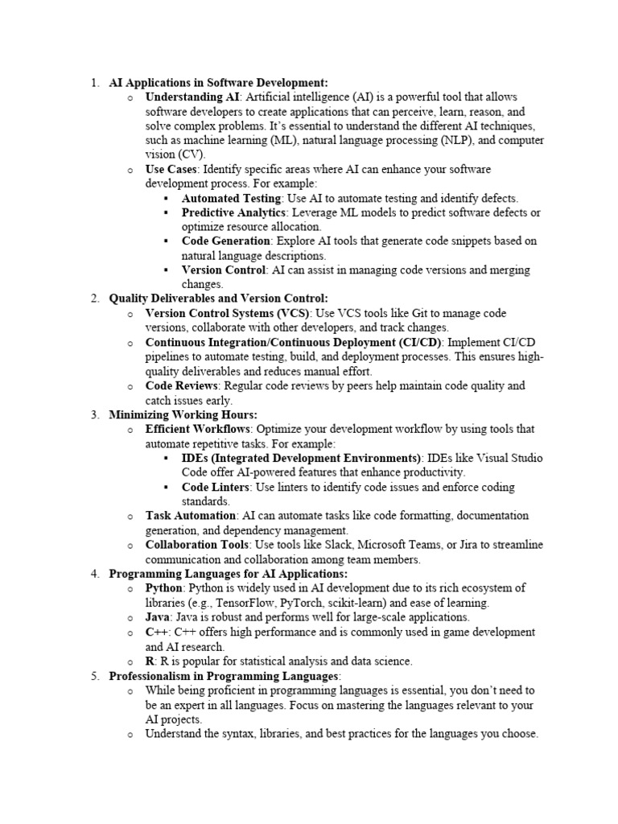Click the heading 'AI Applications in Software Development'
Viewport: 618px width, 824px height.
[218, 82]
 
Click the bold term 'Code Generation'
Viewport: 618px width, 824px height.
[226, 241]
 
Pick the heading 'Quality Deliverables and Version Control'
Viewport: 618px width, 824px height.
[218, 299]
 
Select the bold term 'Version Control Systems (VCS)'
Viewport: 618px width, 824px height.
[228, 313]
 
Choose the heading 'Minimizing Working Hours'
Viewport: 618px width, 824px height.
[183, 414]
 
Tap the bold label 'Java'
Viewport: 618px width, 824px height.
[158, 617]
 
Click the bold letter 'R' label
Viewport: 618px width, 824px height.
[150, 661]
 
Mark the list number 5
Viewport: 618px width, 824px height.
[94, 675]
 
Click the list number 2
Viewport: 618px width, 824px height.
[94, 299]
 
